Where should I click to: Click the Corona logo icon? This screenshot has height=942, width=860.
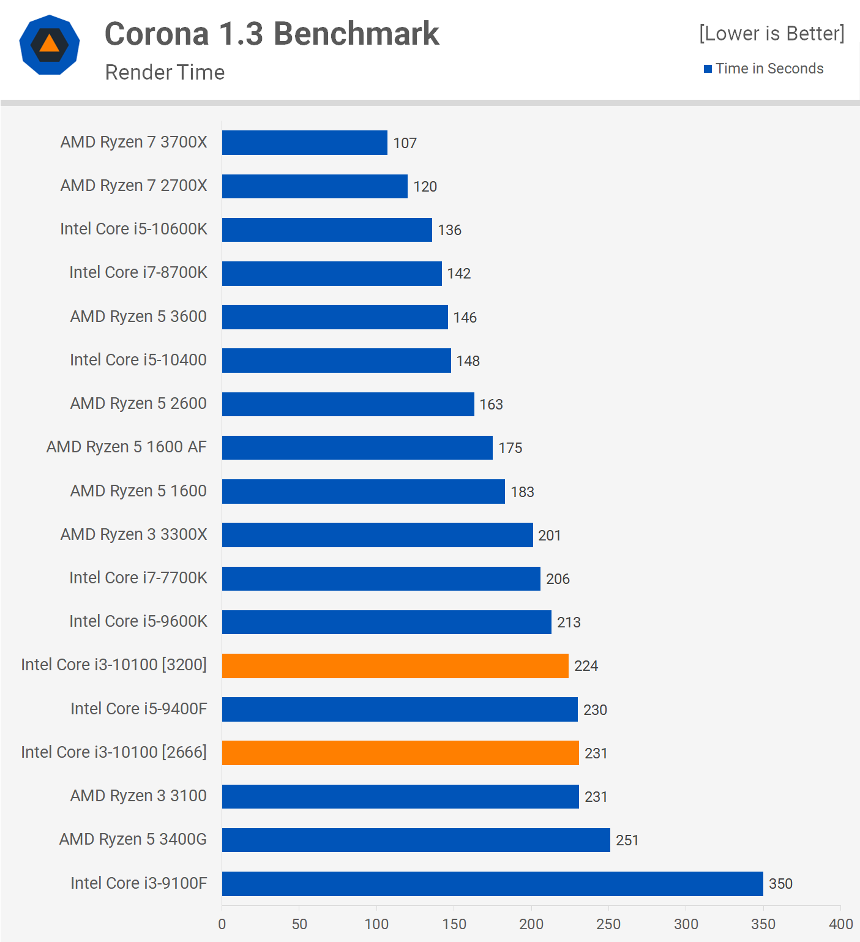click(50, 45)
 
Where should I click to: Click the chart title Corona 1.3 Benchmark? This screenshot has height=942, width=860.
click(272, 34)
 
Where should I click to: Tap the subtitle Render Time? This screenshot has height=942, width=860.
click(165, 72)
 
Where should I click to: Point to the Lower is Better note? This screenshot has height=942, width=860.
click(771, 33)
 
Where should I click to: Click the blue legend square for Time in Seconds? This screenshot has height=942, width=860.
click(708, 69)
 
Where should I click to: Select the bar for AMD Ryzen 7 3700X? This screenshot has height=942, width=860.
click(304, 143)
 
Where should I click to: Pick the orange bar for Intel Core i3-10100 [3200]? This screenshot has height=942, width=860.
click(395, 666)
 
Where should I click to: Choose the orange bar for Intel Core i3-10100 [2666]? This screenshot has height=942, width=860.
click(400, 753)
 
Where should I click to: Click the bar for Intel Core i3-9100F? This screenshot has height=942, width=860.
click(492, 884)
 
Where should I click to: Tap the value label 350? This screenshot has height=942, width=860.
click(780, 884)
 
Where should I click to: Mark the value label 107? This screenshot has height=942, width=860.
click(405, 143)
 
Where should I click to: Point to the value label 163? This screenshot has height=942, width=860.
click(491, 405)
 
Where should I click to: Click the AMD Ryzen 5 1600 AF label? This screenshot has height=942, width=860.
click(127, 447)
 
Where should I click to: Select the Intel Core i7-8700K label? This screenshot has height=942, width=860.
click(138, 272)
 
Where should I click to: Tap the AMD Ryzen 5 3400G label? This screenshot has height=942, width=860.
click(133, 839)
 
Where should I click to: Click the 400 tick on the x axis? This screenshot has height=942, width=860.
click(840, 924)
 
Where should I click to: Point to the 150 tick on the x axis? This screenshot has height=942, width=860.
click(454, 924)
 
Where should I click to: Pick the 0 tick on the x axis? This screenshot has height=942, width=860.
click(222, 924)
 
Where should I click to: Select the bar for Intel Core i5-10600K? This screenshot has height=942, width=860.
click(327, 230)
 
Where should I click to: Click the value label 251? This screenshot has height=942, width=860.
click(627, 840)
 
